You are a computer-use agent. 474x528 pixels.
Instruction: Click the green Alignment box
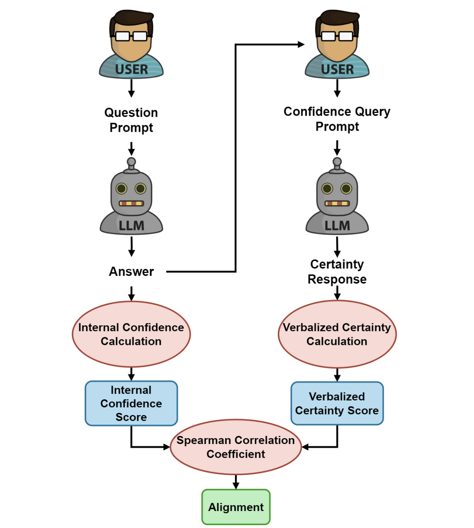tap(236, 507)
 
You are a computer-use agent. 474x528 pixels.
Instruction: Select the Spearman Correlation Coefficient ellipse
tap(235, 447)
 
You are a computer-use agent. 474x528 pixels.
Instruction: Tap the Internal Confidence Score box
tap(131, 404)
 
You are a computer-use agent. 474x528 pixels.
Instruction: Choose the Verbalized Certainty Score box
tap(337, 404)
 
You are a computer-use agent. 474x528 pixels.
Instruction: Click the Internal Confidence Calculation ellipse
tap(131, 334)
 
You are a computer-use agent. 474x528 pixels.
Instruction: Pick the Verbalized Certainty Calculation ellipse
tap(337, 334)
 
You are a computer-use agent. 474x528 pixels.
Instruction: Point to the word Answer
tap(131, 272)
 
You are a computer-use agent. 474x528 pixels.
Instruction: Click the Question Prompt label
tap(131, 120)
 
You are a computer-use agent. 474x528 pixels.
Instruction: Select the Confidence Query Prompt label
tap(337, 119)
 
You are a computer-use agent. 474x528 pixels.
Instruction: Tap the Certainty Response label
tap(337, 272)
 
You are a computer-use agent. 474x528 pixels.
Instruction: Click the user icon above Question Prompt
tap(131, 44)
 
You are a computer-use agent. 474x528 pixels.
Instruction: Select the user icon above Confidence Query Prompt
tap(337, 44)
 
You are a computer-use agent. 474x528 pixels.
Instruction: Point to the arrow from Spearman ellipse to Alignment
tap(236, 482)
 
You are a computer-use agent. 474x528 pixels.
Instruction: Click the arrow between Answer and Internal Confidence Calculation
tap(131, 293)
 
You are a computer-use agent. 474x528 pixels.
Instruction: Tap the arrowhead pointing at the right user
tap(301, 44)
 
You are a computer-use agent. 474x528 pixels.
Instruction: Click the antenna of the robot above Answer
tap(131, 163)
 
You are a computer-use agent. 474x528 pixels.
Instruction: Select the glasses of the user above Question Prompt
tap(131, 36)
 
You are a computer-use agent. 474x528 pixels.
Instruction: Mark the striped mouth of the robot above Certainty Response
tap(337, 203)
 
